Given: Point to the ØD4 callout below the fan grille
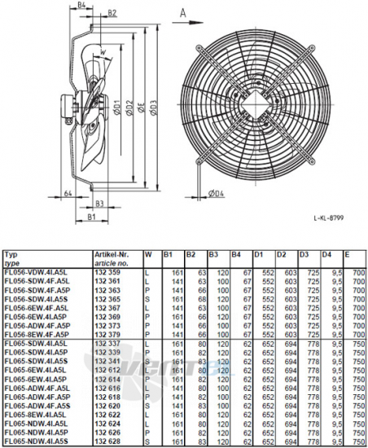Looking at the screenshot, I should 215,193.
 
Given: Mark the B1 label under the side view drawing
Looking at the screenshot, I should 93,218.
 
